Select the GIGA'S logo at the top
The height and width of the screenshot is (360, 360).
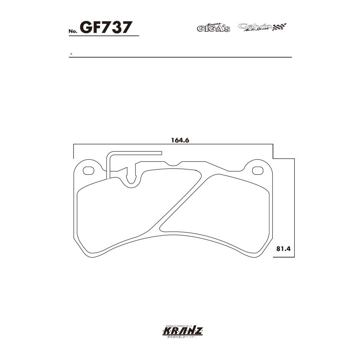pyautogui.click(x=214, y=28)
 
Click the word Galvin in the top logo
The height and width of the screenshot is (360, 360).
pyautogui.click(x=255, y=26)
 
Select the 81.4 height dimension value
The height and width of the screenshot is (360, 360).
pyautogui.click(x=283, y=248)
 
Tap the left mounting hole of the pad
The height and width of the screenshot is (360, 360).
pyautogui.click(x=88, y=171)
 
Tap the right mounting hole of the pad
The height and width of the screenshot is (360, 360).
pyautogui.click(x=258, y=171)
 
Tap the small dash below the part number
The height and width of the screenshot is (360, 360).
pyautogui.click(x=71, y=53)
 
